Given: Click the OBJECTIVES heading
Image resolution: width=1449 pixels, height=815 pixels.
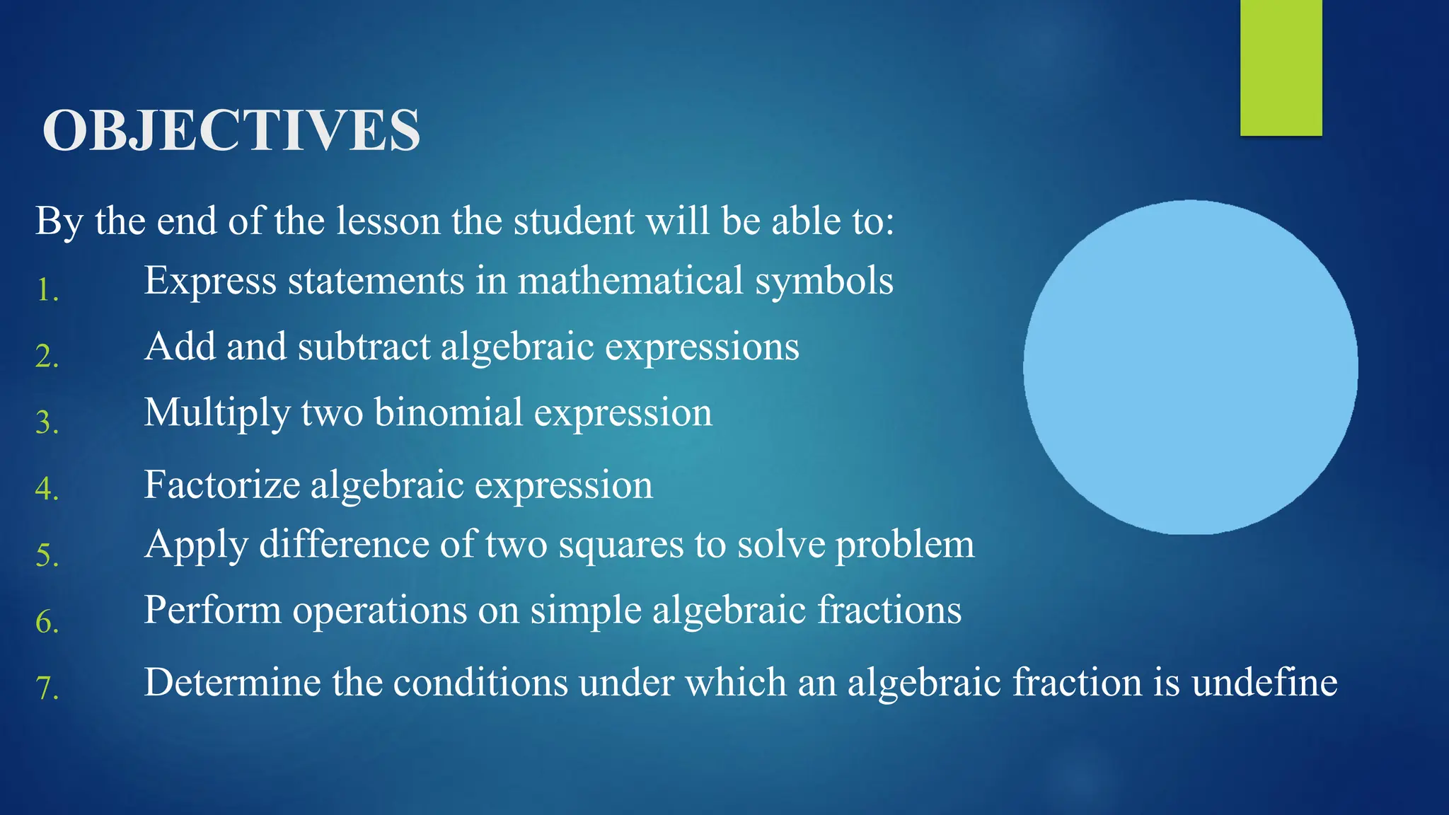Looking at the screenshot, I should click(231, 130).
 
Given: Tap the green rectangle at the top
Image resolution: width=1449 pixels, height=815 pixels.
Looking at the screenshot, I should click(1281, 67).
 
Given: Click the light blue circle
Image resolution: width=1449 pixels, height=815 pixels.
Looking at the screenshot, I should click(1190, 367).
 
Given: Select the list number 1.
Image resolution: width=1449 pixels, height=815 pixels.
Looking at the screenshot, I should click(47, 290).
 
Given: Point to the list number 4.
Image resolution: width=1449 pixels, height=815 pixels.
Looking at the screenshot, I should click(47, 488).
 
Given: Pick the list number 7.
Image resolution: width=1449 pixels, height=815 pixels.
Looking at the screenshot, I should click(47, 687).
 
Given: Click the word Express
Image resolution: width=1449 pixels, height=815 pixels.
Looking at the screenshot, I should click(210, 281).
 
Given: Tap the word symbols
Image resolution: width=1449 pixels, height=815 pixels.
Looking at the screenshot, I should click(824, 281).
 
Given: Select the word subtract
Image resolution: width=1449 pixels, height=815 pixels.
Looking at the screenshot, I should click(364, 347).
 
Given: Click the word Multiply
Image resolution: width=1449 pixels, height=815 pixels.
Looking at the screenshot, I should click(217, 413).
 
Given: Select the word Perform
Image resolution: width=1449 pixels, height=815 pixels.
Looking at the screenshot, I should click(212, 610).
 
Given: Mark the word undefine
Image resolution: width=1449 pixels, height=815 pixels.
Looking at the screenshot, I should click(1264, 683).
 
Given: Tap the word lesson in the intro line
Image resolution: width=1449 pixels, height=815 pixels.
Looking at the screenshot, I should click(388, 221).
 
